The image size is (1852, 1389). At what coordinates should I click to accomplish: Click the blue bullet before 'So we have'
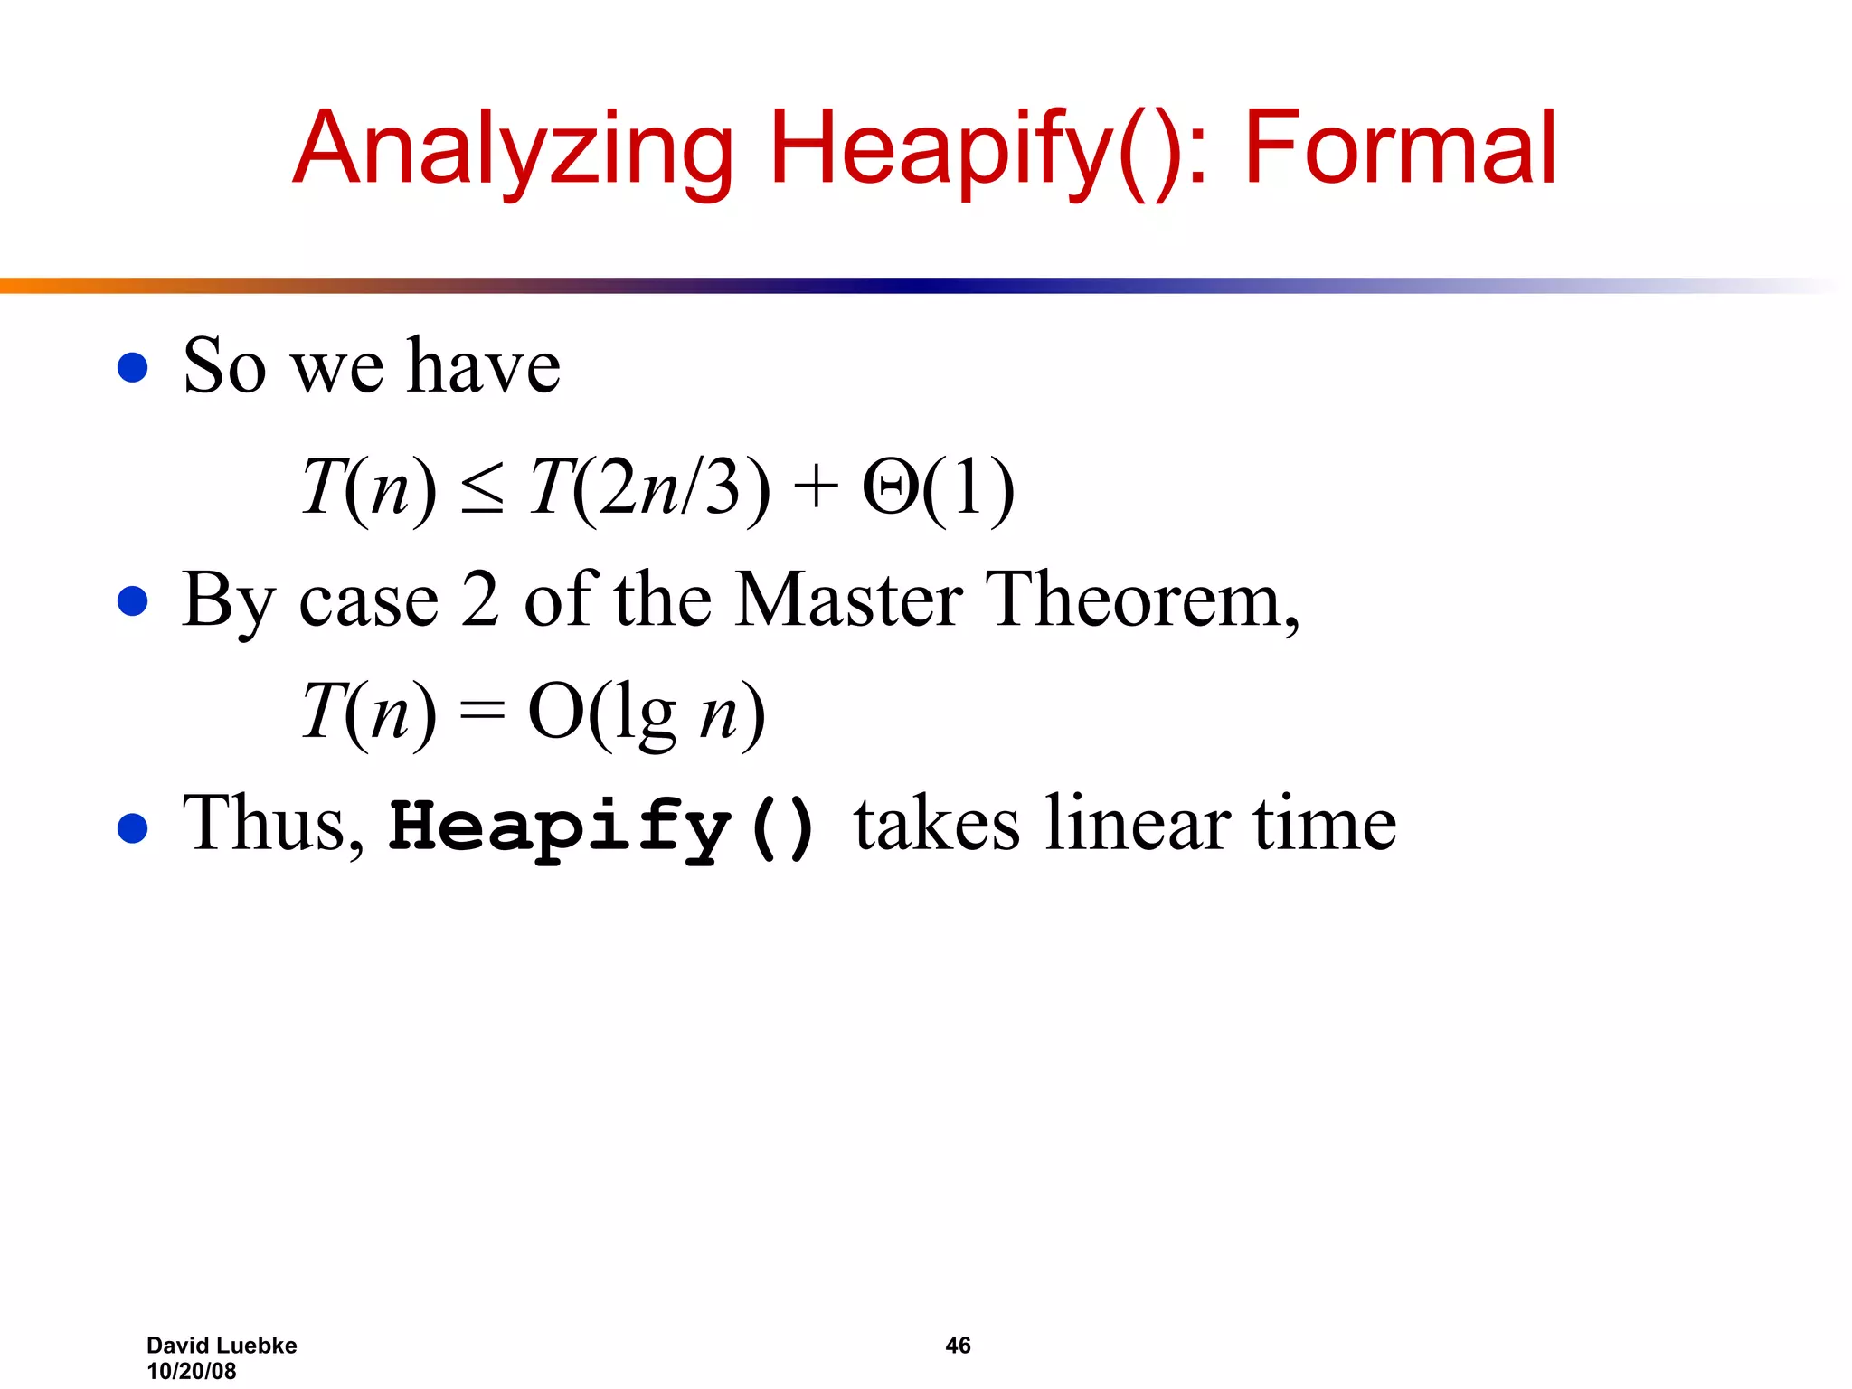[x=133, y=367]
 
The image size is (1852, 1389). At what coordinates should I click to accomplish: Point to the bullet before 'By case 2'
[x=133, y=601]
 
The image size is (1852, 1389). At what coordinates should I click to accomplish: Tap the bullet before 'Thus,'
[x=133, y=827]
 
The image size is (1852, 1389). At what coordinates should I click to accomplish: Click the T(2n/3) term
[x=649, y=487]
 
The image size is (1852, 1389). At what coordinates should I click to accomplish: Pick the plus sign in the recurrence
[x=816, y=489]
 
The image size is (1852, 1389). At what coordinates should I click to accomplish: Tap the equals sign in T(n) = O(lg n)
[x=481, y=712]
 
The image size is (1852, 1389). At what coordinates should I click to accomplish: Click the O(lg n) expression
[x=646, y=713]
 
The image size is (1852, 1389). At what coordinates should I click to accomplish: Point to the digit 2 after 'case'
[x=479, y=600]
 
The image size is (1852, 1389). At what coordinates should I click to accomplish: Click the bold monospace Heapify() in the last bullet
[x=602, y=827]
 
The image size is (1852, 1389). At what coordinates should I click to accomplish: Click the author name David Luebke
[x=222, y=1346]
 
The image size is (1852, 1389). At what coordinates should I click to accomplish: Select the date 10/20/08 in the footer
[x=192, y=1371]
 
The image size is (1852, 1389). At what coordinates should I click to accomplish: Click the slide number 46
[x=958, y=1346]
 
